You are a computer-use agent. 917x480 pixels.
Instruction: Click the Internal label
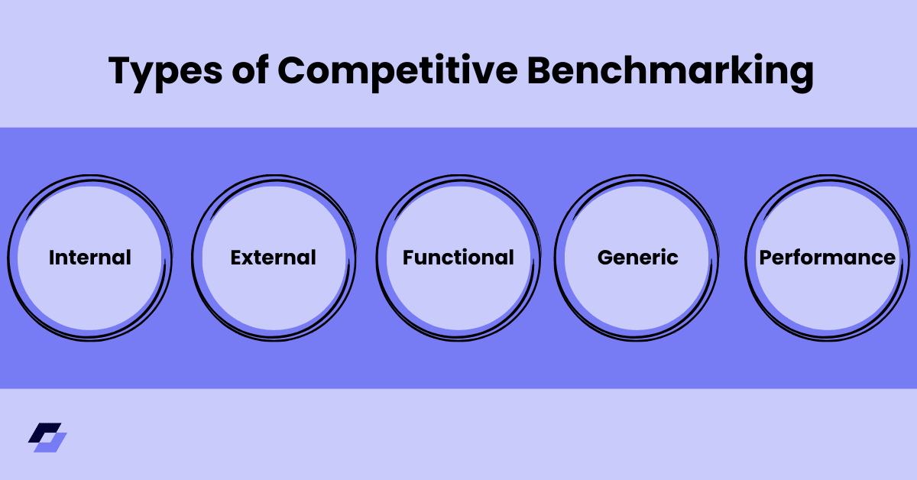point(90,258)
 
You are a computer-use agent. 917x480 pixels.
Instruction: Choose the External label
point(273,258)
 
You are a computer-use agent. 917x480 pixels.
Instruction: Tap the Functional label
point(458,258)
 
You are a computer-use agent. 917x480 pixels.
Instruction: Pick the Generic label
point(637,258)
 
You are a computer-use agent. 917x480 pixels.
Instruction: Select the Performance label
point(827,258)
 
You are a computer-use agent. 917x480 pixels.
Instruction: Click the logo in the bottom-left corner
point(47,437)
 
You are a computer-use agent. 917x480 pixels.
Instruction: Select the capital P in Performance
point(765,258)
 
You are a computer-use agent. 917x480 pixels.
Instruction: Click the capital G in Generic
point(604,258)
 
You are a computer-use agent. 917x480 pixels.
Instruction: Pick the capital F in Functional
point(408,258)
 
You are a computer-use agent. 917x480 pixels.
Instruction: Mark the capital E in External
point(235,258)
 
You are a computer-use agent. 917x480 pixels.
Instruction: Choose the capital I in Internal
point(52,258)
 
